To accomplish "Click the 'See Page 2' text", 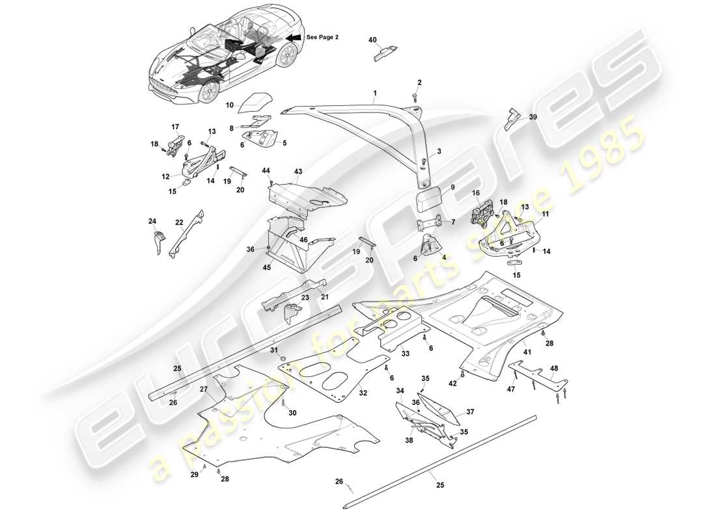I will (323, 38).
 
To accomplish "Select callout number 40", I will (372, 40).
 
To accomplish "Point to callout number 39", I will (533, 117).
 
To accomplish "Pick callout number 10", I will (229, 105).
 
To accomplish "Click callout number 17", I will (174, 127).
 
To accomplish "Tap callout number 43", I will (299, 172).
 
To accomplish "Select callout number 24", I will (152, 220).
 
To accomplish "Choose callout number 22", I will (179, 222).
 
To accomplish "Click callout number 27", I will (204, 389).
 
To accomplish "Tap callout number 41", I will (527, 352).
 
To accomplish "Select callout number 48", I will (555, 369).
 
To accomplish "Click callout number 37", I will (470, 412).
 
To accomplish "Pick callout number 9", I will (452, 187).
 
